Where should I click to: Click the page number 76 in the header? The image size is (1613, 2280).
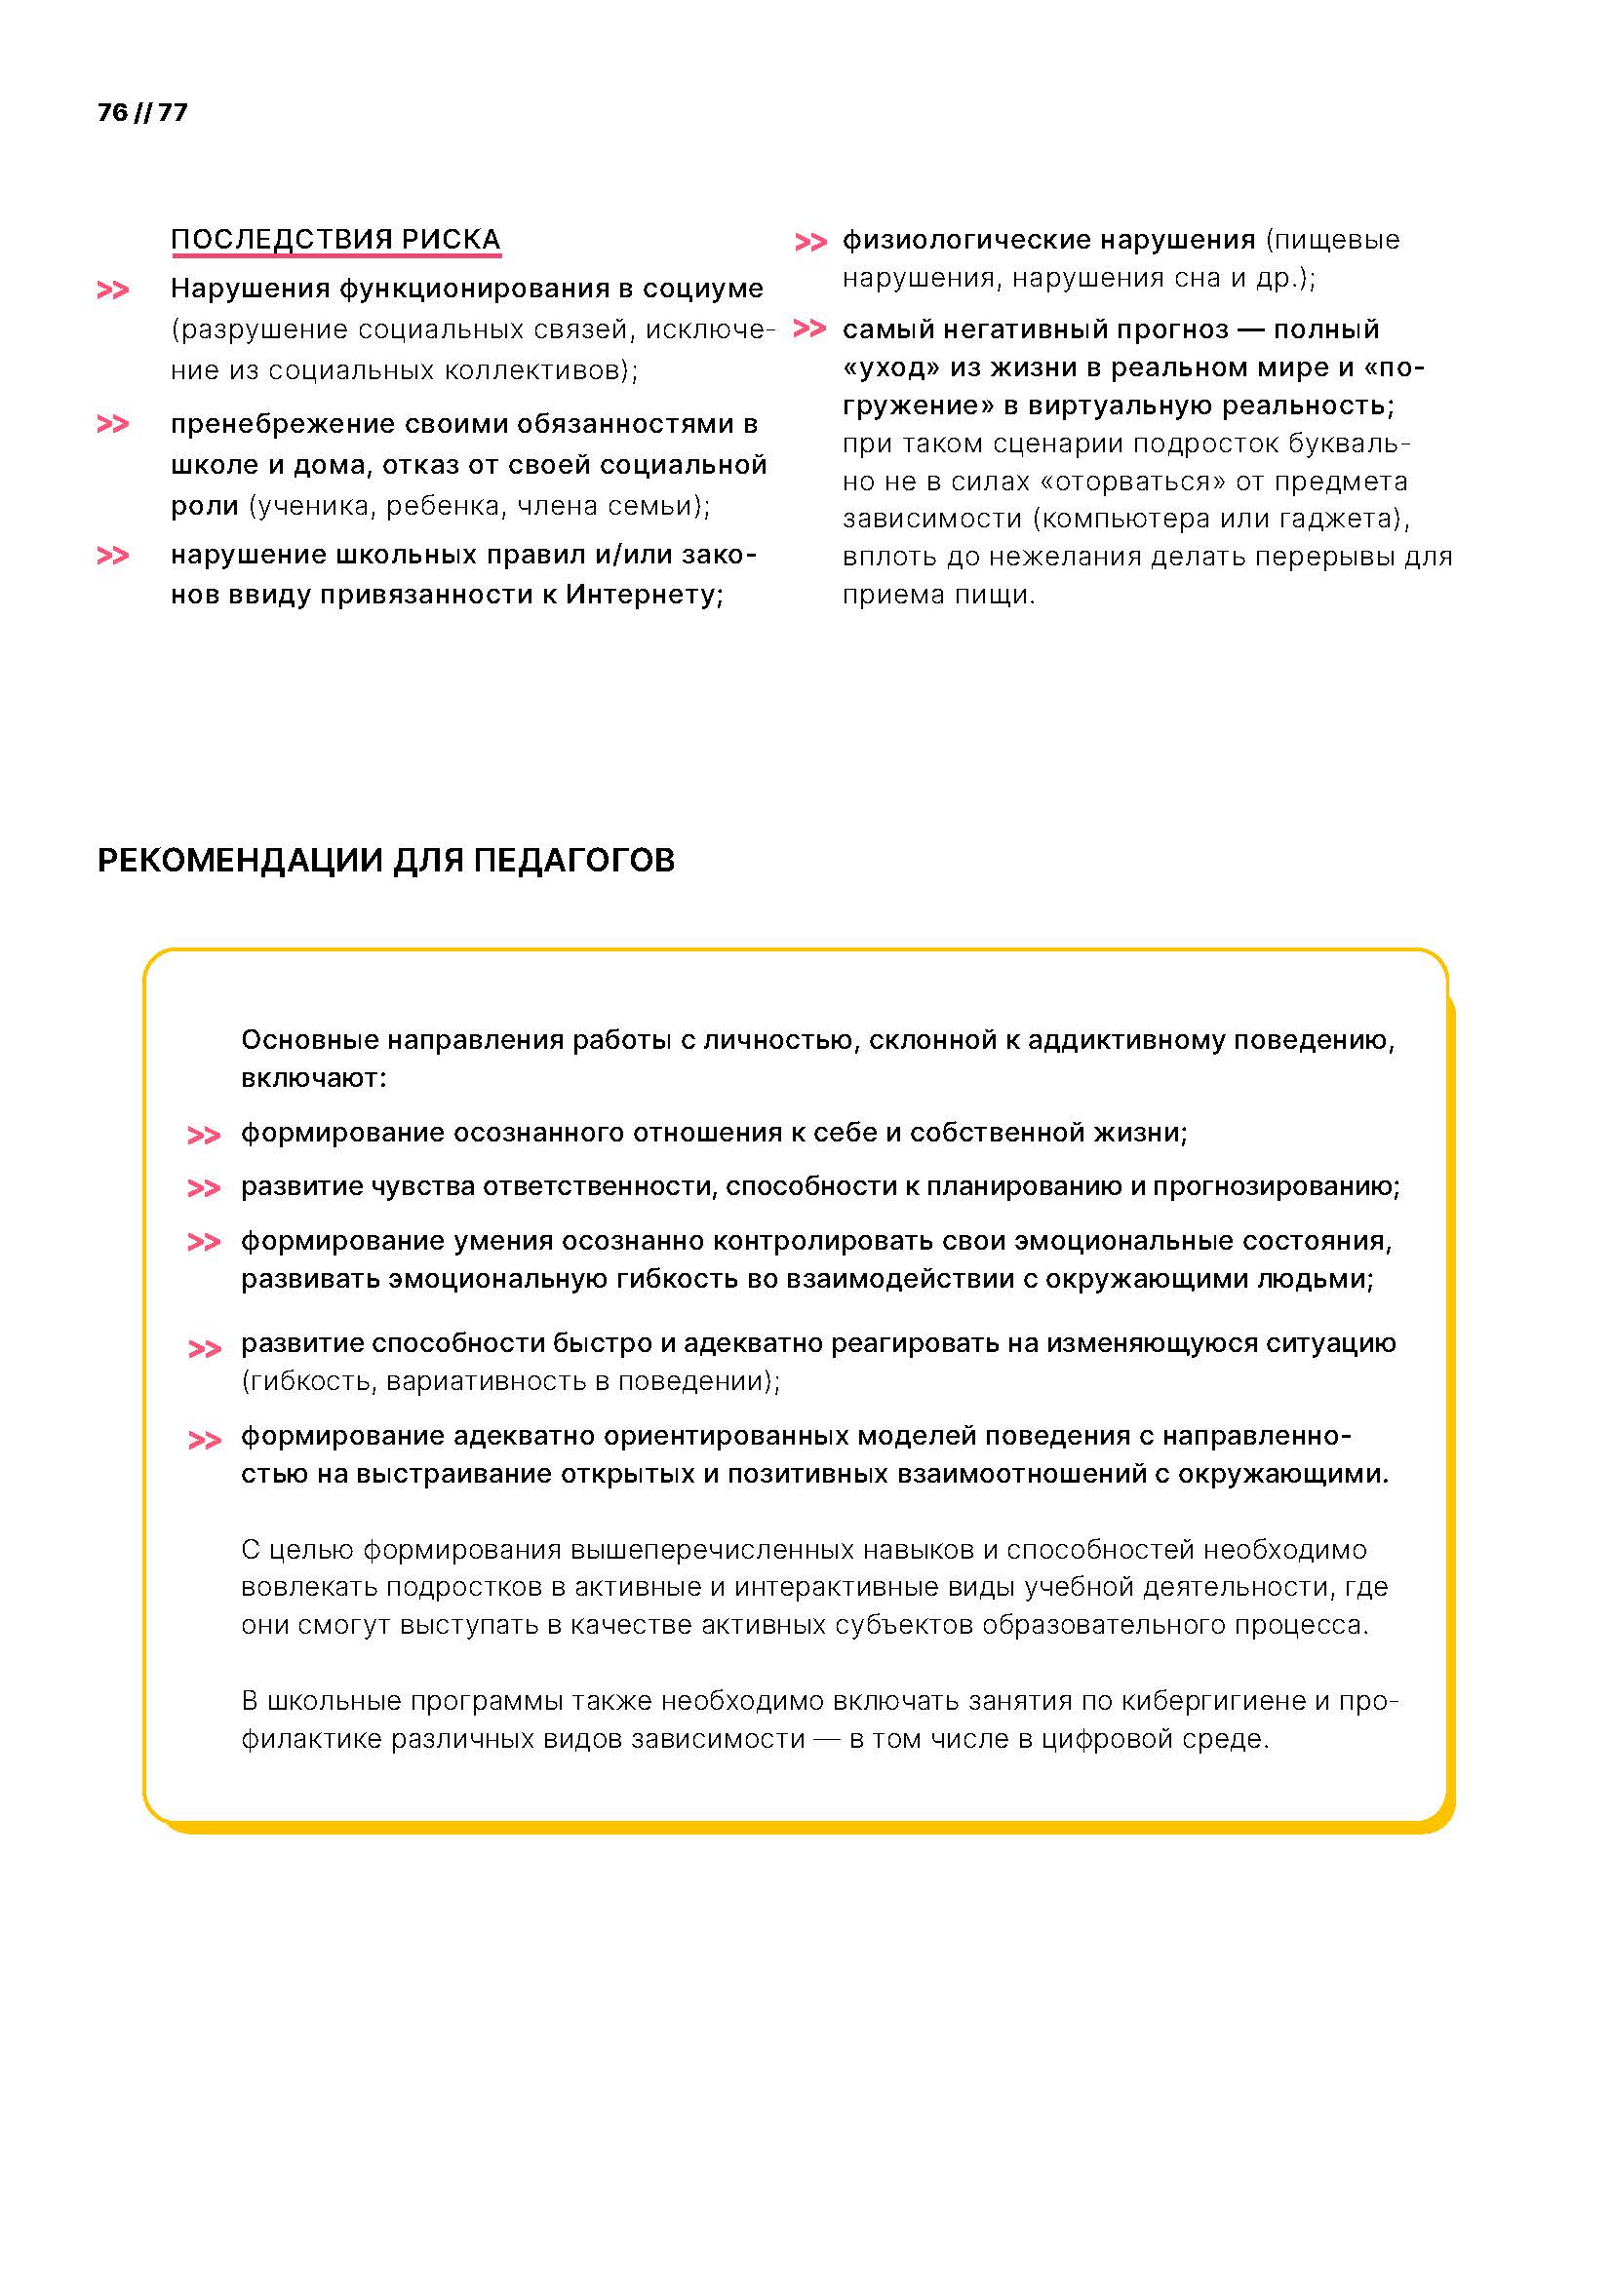pyautogui.click(x=112, y=112)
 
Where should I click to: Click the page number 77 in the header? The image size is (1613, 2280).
pyautogui.click(x=173, y=112)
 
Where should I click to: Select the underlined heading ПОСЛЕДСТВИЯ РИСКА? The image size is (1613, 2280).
pyautogui.click(x=335, y=240)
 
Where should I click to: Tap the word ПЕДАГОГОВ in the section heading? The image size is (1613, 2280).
pyautogui.click(x=574, y=860)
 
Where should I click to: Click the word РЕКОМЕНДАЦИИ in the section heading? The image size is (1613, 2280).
pyautogui.click(x=240, y=860)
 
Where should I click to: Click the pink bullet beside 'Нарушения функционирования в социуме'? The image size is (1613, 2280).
pyautogui.click(x=112, y=290)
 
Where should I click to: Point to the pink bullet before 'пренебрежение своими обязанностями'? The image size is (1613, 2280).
pyautogui.click(x=112, y=425)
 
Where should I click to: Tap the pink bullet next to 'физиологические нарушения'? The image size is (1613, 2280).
pyautogui.click(x=810, y=242)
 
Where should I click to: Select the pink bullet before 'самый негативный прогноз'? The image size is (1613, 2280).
pyautogui.click(x=810, y=329)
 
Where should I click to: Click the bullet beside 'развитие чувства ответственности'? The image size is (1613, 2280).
pyautogui.click(x=204, y=1188)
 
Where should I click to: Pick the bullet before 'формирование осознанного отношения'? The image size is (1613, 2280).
pyautogui.click(x=204, y=1135)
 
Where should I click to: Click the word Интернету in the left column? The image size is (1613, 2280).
pyautogui.click(x=645, y=595)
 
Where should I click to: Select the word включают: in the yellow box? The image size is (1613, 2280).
pyautogui.click(x=314, y=1077)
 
